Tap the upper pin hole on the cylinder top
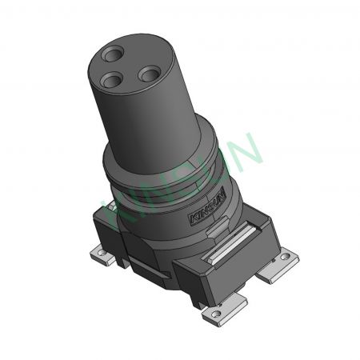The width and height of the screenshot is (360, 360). (113, 55)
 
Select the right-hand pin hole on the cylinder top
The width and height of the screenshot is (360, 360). (149, 74)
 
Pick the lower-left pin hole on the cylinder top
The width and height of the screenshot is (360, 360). (110, 80)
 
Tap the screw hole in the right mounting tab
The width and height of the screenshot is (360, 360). (285, 259)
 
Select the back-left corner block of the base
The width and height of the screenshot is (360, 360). (108, 214)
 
